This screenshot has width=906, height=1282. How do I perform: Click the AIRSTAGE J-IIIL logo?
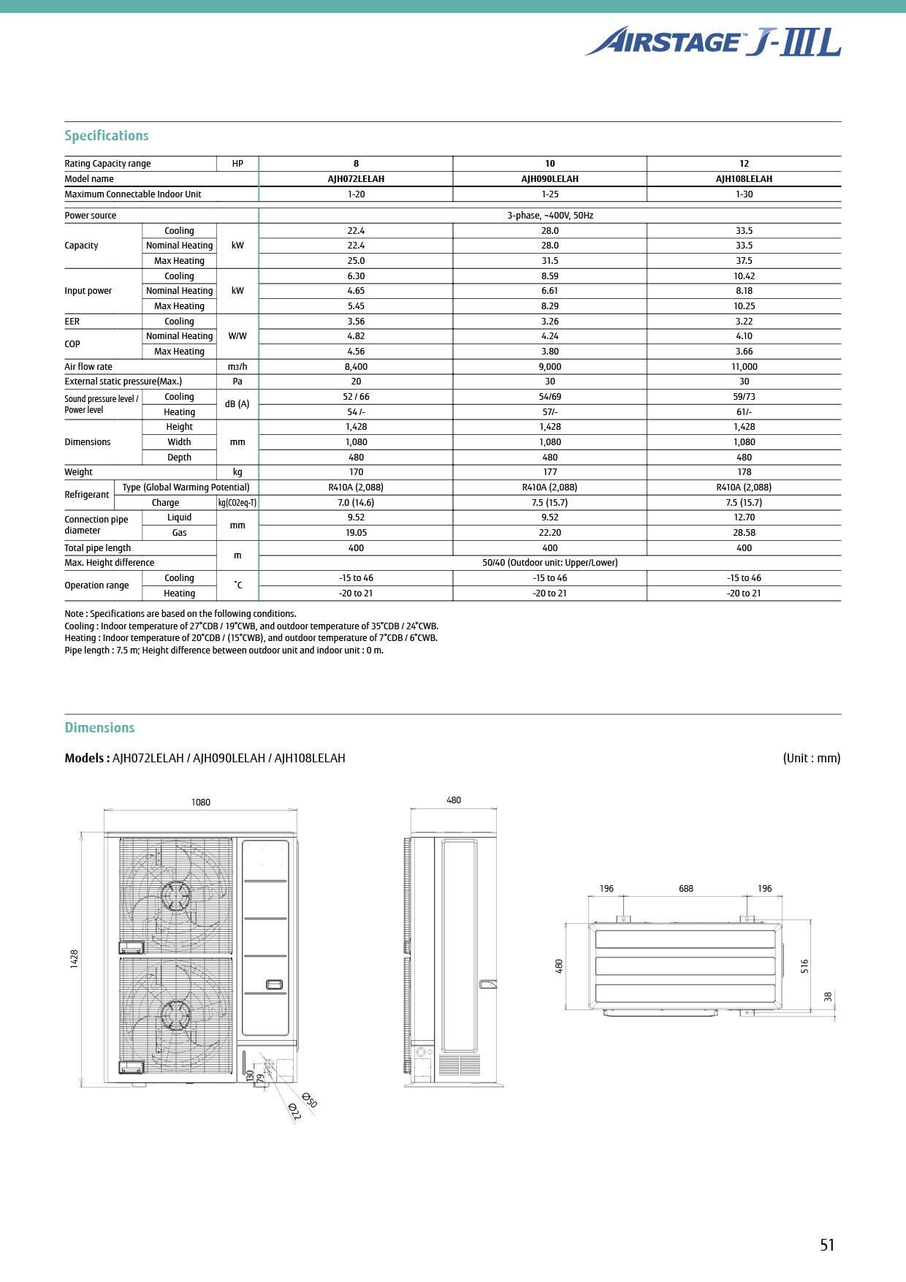coord(712,42)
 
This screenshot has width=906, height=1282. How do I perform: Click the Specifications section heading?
coord(107,136)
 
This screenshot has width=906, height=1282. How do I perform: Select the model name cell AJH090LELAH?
coord(549,179)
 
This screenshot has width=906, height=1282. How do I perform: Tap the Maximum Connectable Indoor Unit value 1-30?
coord(744,194)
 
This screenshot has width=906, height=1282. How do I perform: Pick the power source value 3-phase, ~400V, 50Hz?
coord(549,216)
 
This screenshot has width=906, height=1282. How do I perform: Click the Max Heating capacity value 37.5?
coord(744,261)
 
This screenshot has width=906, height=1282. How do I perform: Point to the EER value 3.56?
coord(356,322)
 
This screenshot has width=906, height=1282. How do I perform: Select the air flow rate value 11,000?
coord(744,367)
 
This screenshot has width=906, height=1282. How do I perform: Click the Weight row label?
coord(79,472)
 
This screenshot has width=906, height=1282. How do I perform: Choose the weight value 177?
coord(549,472)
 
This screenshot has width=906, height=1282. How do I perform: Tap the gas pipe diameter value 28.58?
coord(744,533)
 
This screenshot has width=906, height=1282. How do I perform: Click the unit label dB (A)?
coord(237,404)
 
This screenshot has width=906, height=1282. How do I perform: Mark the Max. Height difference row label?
coord(110,563)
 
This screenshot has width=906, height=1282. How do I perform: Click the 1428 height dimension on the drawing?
coord(75,959)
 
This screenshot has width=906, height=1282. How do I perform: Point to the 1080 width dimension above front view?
coord(201,803)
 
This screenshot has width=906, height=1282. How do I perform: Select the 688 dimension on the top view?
coord(685,889)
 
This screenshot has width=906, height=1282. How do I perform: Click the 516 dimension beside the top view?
coord(805,966)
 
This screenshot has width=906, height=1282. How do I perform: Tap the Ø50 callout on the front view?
coord(309,1100)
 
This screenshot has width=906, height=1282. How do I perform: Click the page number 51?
coord(827,1245)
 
